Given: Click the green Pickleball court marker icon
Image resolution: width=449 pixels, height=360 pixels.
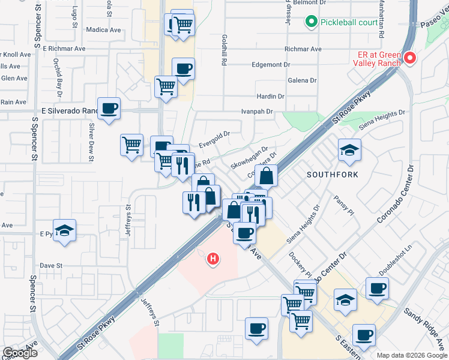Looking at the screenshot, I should tap(311, 23).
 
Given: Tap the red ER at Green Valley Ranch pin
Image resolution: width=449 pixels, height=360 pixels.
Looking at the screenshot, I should tap(411, 58).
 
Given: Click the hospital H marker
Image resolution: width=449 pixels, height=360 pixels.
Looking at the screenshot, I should tap(212, 259).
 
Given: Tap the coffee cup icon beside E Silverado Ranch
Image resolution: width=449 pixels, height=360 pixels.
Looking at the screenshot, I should tap(109, 109).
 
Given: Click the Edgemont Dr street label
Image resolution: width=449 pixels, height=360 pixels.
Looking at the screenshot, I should tap(271, 64).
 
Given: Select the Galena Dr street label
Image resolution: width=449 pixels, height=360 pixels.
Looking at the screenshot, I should tap(303, 80).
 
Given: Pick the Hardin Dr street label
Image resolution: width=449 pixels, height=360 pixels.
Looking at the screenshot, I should tap(270, 96).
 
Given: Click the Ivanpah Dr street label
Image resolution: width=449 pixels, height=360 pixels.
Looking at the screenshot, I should tap(257, 112).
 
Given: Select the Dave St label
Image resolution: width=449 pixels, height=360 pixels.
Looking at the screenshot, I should tap(51, 265).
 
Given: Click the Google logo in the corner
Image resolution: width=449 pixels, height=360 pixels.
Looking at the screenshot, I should tap(20, 353).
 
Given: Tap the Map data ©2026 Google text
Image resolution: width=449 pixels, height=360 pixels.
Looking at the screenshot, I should tap(412, 355).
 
